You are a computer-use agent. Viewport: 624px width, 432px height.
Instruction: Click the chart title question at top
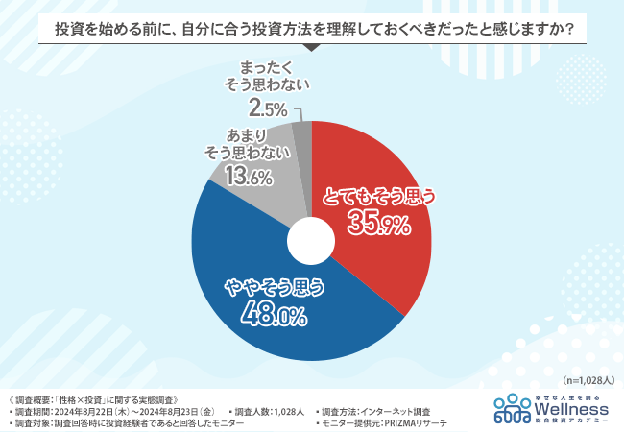(x=312, y=29)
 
